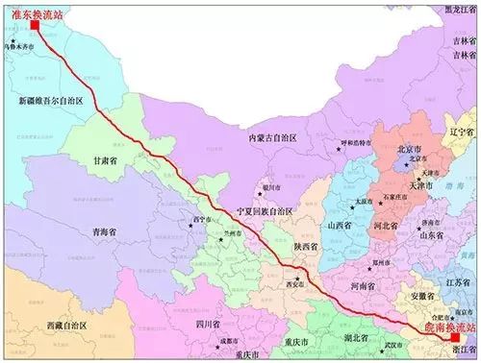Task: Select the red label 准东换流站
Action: pos(32,10)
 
